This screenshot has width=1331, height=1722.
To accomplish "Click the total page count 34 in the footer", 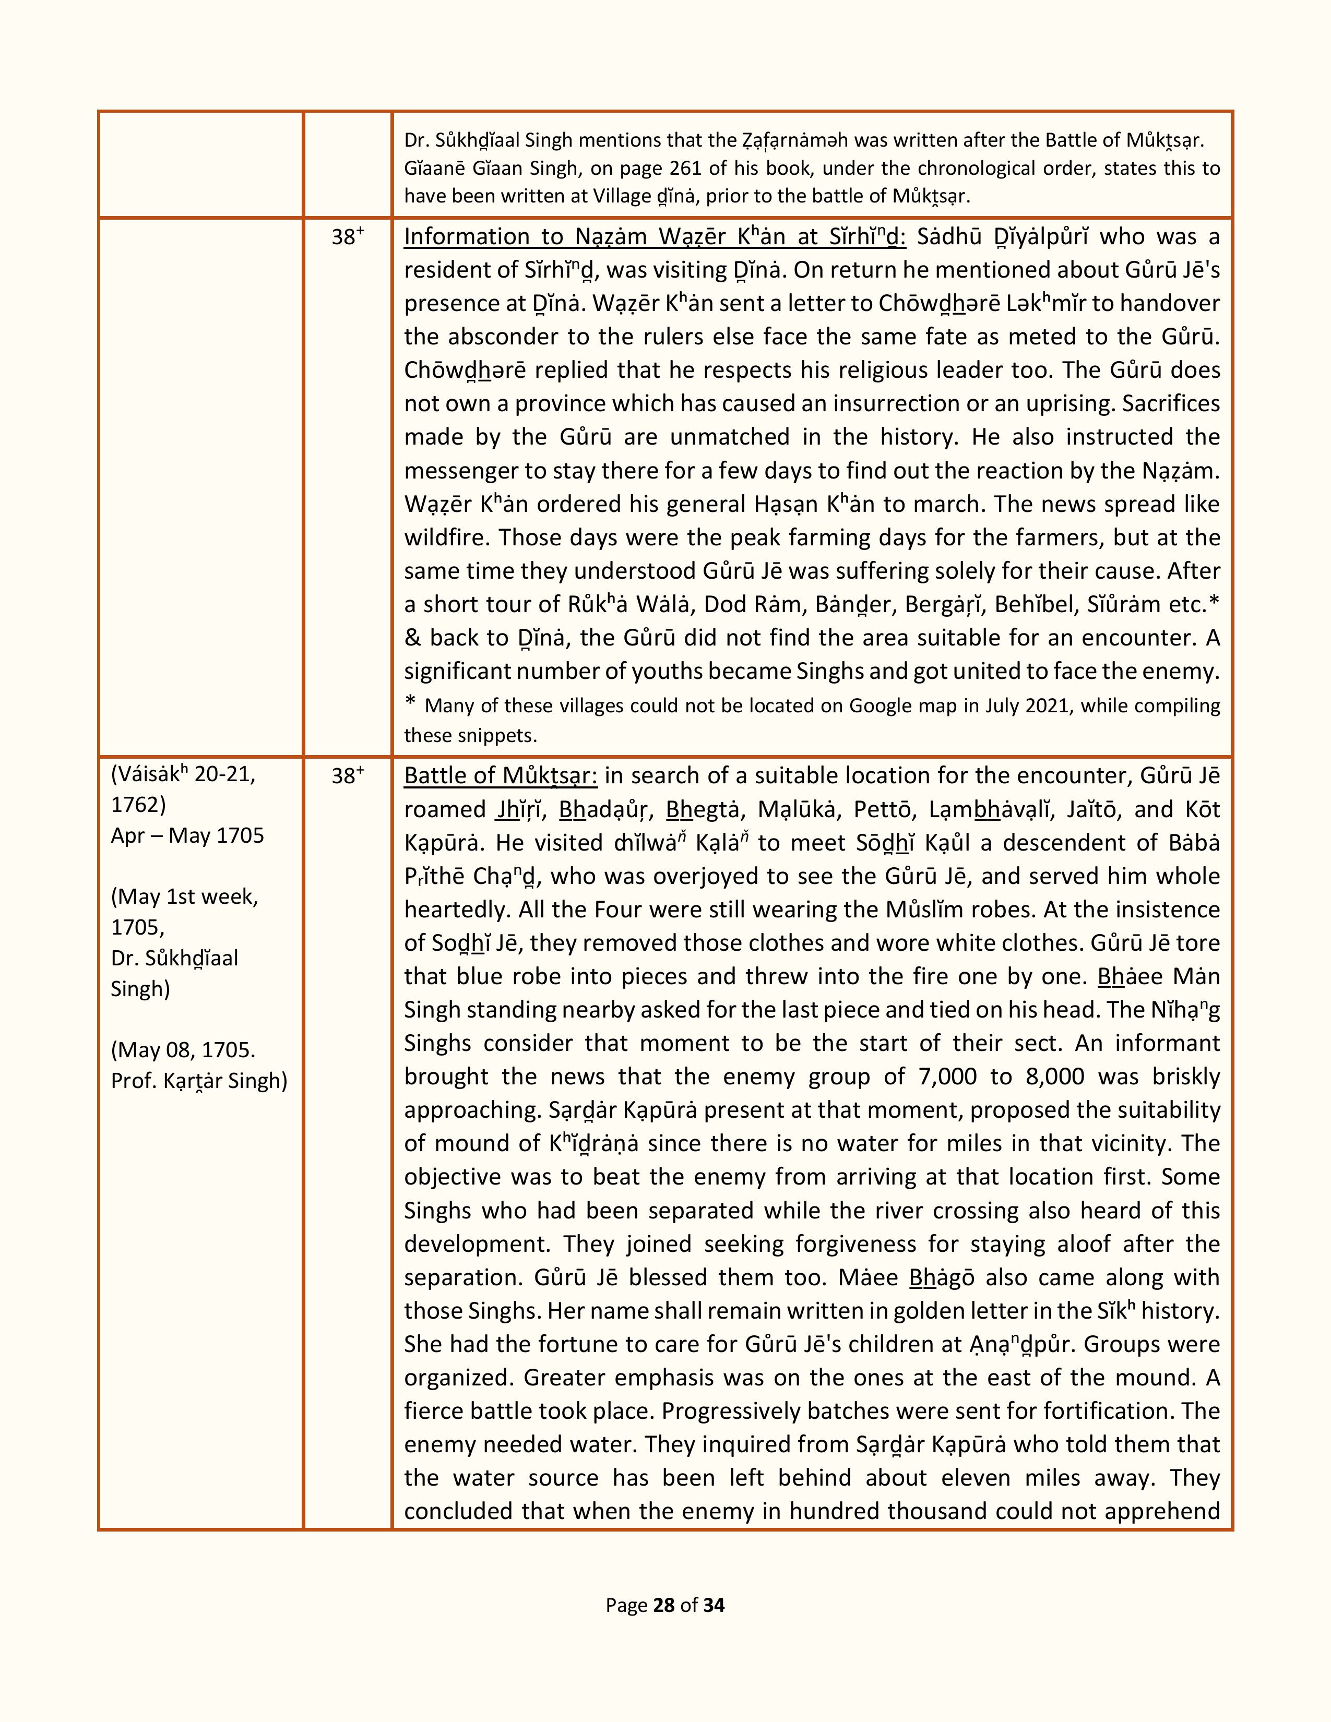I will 714,1627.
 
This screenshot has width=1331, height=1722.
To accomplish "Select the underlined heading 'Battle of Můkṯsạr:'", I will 501,776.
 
